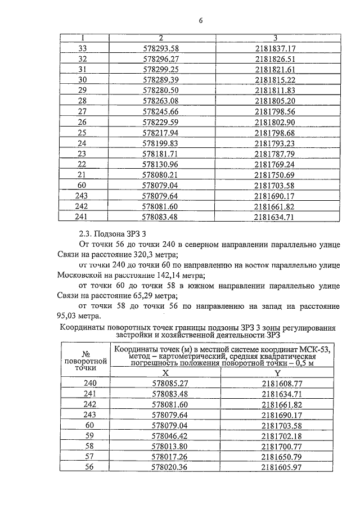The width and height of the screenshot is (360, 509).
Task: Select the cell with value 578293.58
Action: pos(161,48)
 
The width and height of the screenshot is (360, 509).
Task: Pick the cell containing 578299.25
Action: pos(161,69)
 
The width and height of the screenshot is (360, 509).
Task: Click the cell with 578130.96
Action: pos(161,164)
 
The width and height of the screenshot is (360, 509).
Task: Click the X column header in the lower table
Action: pos(165,372)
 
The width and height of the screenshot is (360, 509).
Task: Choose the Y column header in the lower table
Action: pos(277,372)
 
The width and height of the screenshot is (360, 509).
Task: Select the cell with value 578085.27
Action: pos(165,383)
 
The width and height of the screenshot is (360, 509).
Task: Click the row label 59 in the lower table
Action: pos(87,435)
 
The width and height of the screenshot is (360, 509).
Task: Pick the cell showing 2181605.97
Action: pos(277,467)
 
